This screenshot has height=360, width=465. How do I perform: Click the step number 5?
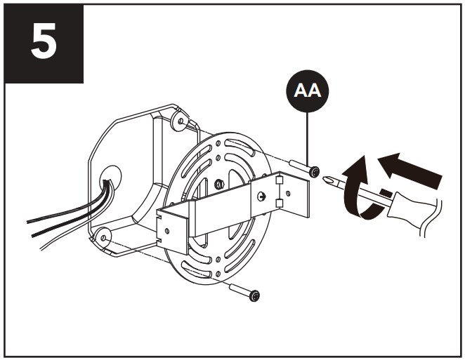(44, 41)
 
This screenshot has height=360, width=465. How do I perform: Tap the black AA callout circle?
(307, 91)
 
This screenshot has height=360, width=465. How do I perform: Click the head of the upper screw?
(315, 172)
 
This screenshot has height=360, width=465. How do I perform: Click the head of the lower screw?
(255, 296)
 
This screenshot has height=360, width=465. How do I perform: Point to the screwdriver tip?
(327, 180)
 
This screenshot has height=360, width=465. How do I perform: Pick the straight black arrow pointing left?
(411, 171)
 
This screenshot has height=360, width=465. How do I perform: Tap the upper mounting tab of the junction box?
(179, 120)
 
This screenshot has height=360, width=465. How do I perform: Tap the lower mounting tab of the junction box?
(103, 237)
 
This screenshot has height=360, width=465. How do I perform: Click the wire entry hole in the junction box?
(110, 177)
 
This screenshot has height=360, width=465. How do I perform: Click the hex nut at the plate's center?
(219, 185)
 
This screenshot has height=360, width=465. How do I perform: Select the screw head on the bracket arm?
(261, 196)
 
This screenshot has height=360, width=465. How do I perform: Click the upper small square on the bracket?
(279, 180)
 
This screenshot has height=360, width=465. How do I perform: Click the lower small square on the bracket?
(279, 204)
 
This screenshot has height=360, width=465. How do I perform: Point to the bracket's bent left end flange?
(173, 231)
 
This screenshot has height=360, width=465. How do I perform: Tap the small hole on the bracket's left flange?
(167, 231)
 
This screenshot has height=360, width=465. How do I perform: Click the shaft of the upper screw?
(299, 166)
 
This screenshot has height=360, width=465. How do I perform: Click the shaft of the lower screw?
(240, 290)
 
